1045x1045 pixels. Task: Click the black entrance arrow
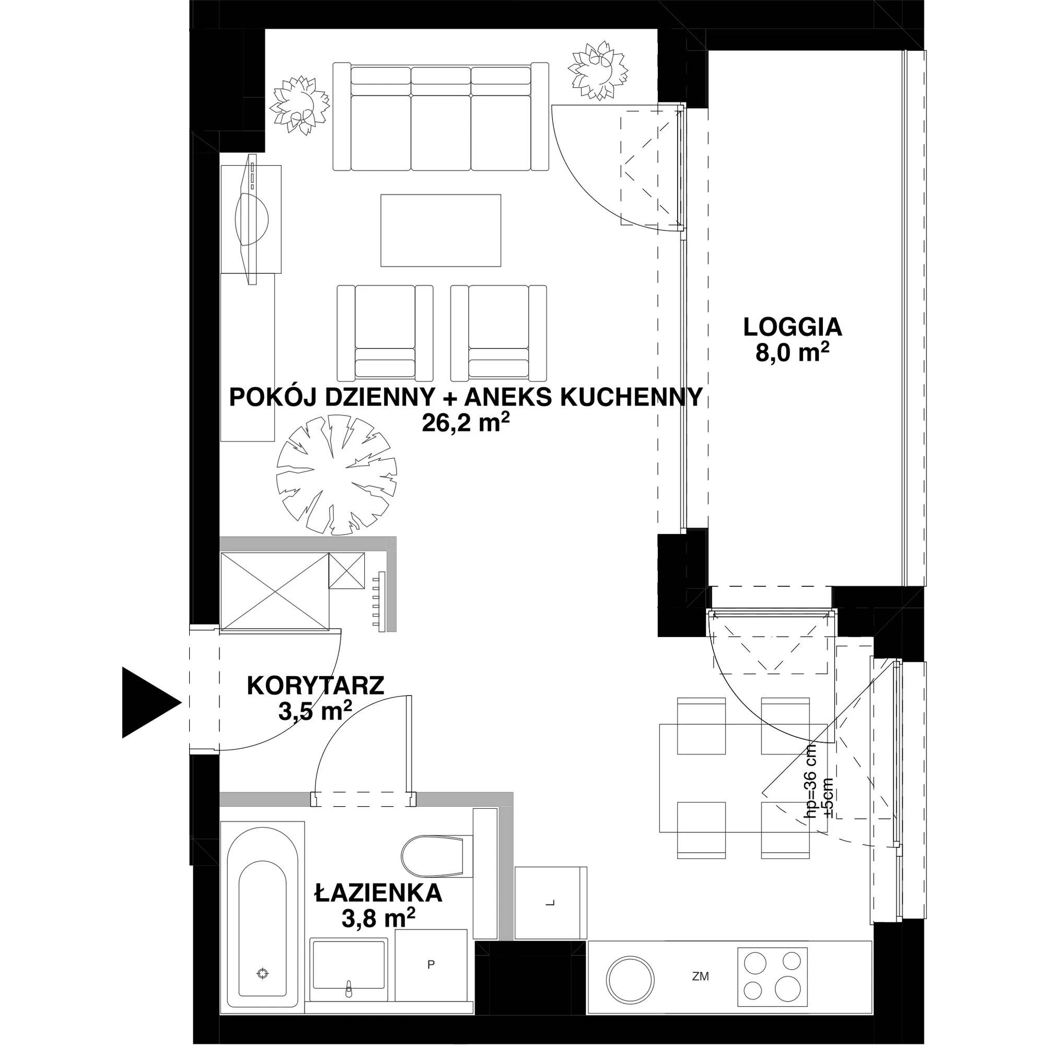149,703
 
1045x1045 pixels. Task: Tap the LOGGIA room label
793,327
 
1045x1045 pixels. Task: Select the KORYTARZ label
316,686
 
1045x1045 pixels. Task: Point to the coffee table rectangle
441,230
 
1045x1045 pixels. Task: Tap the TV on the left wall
251,219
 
